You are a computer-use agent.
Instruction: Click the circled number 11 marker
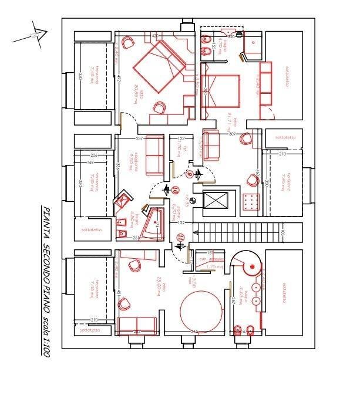(x=180, y=238)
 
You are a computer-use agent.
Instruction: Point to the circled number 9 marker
(x=189, y=174)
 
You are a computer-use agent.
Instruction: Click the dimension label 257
(x=140, y=138)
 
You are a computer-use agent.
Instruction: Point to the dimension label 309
(x=232, y=134)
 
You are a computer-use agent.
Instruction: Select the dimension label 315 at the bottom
(x=195, y=332)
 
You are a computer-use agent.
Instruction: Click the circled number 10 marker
(x=174, y=190)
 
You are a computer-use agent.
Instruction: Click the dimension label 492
(x=118, y=77)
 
